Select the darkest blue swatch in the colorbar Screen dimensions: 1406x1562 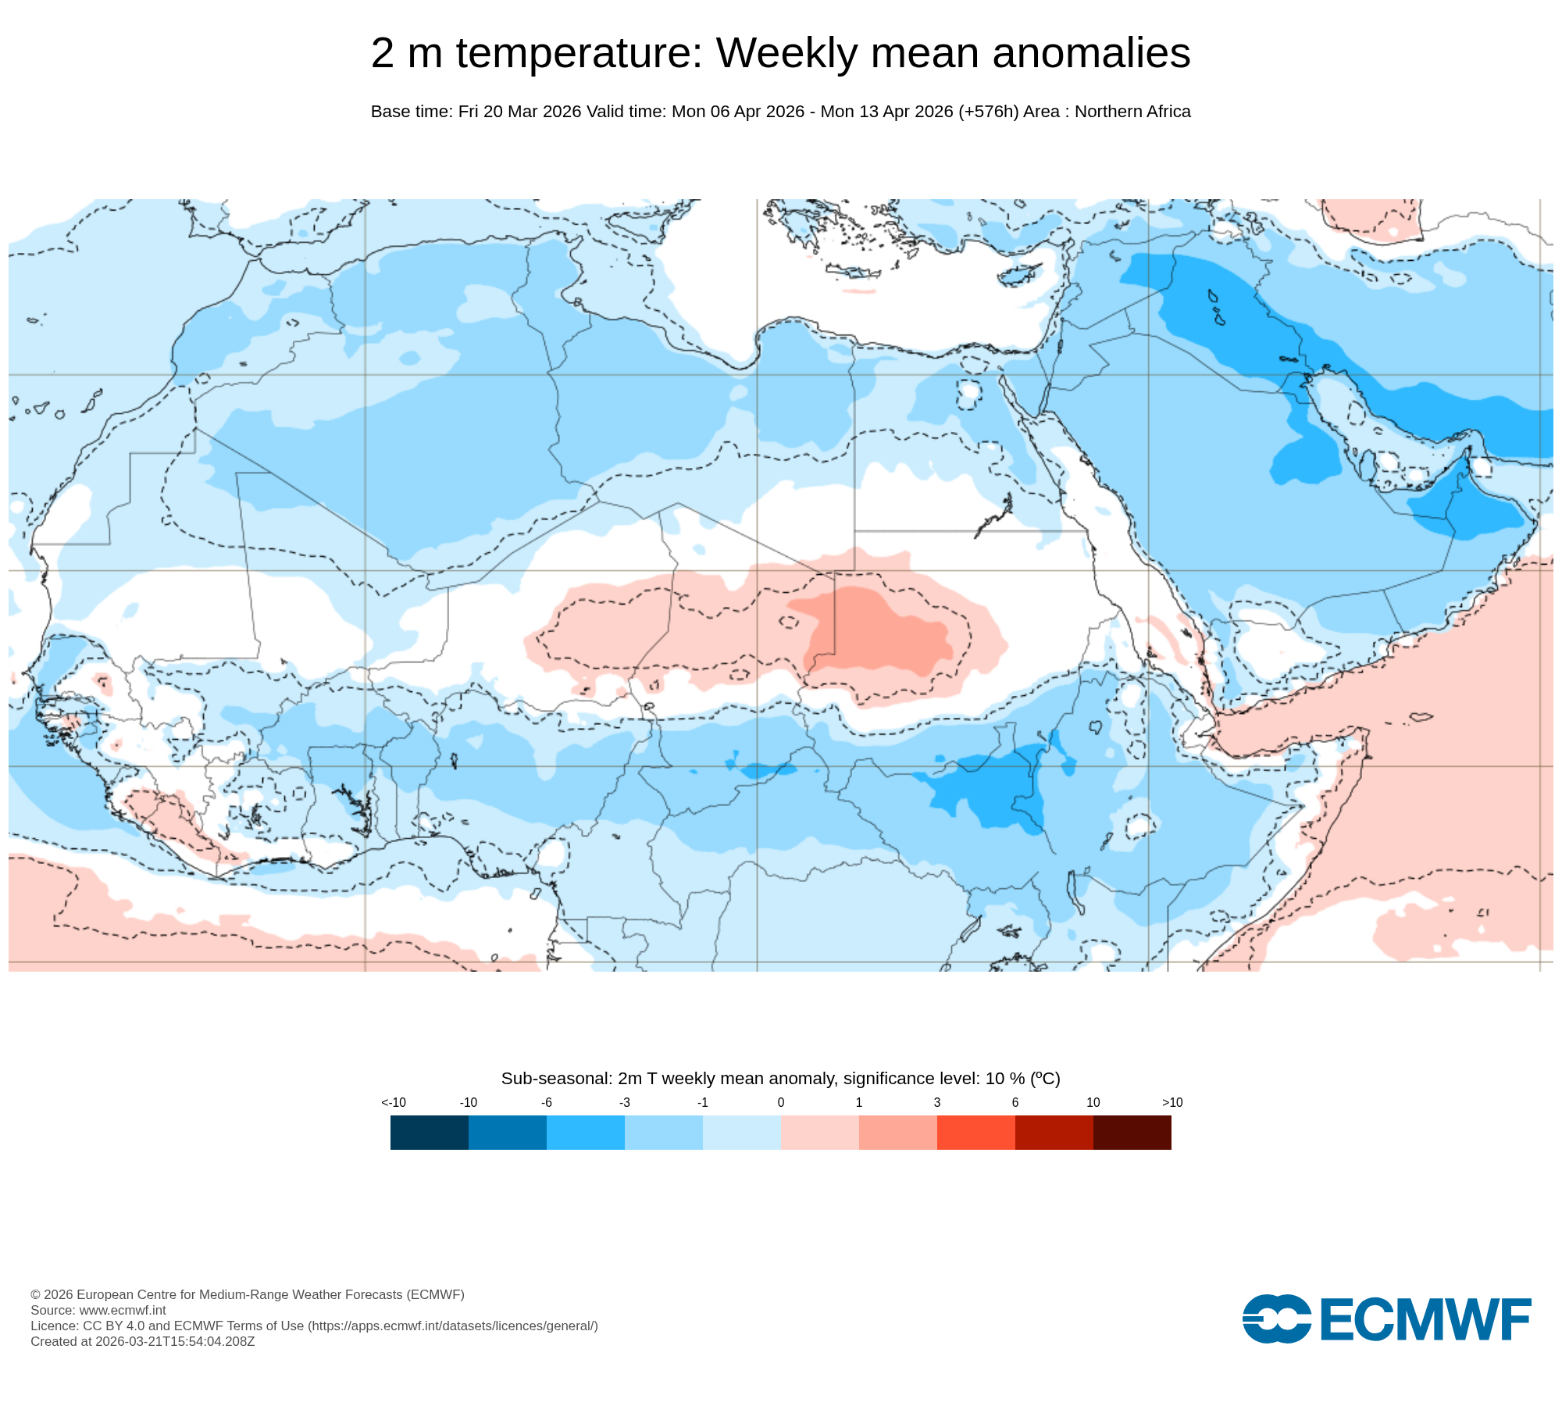429,1132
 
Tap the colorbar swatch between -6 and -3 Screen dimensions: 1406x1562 585,1132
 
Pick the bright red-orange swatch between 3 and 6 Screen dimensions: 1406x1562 975,1132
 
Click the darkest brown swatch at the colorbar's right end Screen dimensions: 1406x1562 1132,1132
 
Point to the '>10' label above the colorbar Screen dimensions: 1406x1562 1171,1102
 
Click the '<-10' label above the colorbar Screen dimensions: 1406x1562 394,1102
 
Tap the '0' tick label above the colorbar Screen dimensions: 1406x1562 780,1102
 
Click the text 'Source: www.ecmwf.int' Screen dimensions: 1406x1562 98,1310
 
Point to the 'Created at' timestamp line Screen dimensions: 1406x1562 143,1341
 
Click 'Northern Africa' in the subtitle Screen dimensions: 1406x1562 1132,112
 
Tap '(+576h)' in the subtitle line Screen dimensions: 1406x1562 988,112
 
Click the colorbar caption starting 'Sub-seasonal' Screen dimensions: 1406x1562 780,1079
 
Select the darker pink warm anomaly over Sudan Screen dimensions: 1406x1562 883,633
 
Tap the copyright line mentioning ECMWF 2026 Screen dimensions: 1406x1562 248,1294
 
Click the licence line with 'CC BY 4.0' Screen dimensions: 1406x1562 314,1326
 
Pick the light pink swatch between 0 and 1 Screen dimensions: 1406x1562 819,1132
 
